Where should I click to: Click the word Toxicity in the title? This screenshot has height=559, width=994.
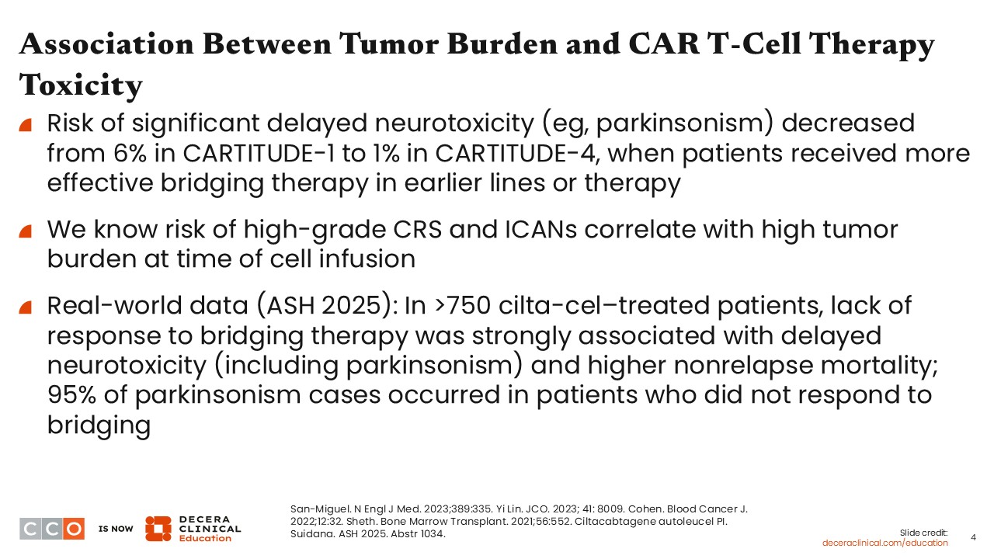pos(81,85)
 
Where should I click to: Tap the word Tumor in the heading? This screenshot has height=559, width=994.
pos(389,44)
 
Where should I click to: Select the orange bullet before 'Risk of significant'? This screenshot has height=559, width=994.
pos(26,125)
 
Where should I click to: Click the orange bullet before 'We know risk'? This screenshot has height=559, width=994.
pos(26,231)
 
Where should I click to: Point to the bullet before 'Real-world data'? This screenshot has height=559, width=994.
pos(26,307)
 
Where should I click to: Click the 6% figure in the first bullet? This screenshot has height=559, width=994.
pos(130,153)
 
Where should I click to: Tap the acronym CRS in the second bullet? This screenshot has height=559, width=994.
pos(418,229)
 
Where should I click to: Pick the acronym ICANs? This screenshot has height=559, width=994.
pos(541,229)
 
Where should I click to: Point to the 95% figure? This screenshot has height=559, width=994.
pos(71,394)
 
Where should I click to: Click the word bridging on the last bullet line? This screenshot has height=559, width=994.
pos(99,425)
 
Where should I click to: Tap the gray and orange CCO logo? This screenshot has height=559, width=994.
pos(52,529)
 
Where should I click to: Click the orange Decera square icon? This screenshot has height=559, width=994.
pos(158,529)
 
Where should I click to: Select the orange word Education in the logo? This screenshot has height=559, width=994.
pos(205,538)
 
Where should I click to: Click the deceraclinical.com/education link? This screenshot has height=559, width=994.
pos(885,543)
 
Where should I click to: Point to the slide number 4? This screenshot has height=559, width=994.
pos(973,537)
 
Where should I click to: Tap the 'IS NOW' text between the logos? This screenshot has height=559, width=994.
pos(116,529)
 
